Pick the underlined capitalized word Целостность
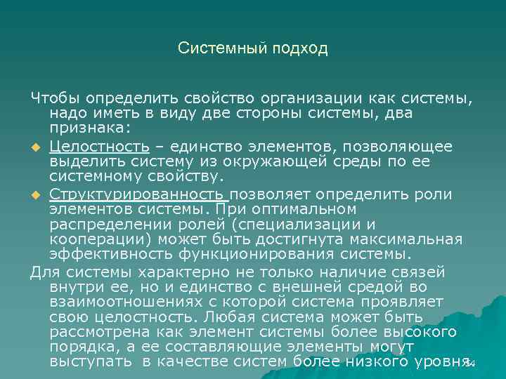tap(99, 147)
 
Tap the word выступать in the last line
tap(89, 362)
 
